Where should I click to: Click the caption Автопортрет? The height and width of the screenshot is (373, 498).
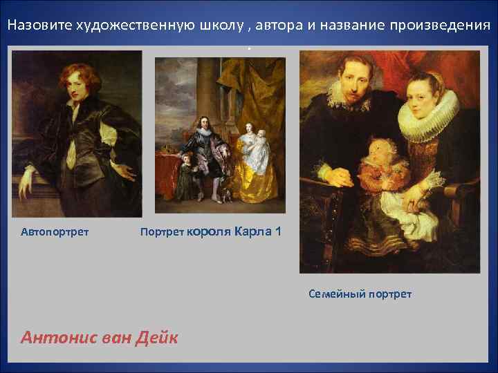55,231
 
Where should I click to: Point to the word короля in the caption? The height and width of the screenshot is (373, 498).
209,231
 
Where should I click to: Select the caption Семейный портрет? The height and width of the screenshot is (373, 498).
360,294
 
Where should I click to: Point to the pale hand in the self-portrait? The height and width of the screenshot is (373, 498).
26,180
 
